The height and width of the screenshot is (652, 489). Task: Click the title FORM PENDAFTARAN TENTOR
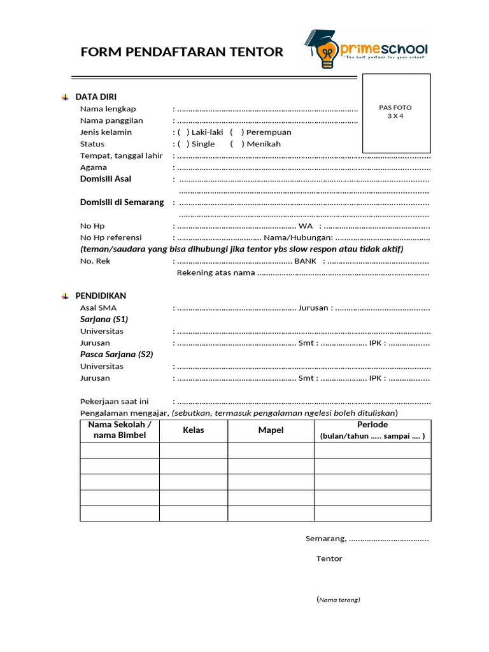click(x=182, y=52)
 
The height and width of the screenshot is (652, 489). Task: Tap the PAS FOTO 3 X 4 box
click(x=396, y=113)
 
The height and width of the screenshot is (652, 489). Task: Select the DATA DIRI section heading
click(x=96, y=97)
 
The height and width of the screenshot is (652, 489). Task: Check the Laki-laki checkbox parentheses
click(x=183, y=132)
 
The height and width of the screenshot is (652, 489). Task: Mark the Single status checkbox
click(x=183, y=144)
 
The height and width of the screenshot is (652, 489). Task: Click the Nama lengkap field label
click(x=108, y=109)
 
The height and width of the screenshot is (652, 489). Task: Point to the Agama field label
click(x=94, y=167)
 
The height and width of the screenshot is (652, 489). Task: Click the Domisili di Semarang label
click(x=122, y=202)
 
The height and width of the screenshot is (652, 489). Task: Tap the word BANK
click(x=305, y=261)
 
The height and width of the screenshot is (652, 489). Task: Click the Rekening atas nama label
click(x=215, y=273)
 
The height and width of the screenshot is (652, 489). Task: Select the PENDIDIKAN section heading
click(x=101, y=296)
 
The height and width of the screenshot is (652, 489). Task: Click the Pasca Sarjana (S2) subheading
click(x=117, y=354)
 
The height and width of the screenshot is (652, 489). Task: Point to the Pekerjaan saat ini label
click(x=114, y=401)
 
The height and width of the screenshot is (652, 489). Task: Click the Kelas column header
click(x=193, y=430)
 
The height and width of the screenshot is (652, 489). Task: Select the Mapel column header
click(x=271, y=430)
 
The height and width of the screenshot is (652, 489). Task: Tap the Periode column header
click(x=372, y=425)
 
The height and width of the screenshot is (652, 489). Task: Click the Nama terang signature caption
click(x=338, y=600)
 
